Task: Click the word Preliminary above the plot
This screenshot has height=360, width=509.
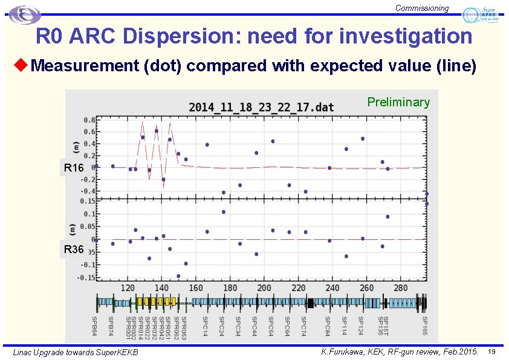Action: pos(398,102)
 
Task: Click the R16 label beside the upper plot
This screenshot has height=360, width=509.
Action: pos(73,168)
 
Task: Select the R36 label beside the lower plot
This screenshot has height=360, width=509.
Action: pos(73,249)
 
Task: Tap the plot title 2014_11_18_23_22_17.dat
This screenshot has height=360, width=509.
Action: pos(261,107)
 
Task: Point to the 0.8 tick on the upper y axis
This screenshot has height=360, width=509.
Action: pos(88,119)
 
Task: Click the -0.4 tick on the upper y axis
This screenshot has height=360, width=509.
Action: pos(87,191)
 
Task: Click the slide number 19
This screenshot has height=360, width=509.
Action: pos(491,352)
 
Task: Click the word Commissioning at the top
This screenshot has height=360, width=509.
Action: pos(422,8)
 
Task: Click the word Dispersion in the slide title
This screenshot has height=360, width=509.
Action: pos(178,36)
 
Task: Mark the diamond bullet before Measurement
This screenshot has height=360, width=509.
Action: pos(22,65)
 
